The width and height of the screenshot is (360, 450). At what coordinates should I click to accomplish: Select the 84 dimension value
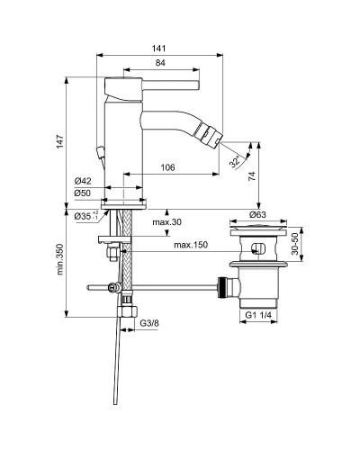click(159, 63)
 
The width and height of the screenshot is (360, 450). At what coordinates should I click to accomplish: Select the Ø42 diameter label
click(82, 181)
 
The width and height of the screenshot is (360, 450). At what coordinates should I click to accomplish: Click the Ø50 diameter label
click(82, 193)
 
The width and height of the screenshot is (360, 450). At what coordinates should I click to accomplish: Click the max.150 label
click(191, 245)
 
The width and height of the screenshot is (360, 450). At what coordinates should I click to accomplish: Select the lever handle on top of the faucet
click(144, 85)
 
